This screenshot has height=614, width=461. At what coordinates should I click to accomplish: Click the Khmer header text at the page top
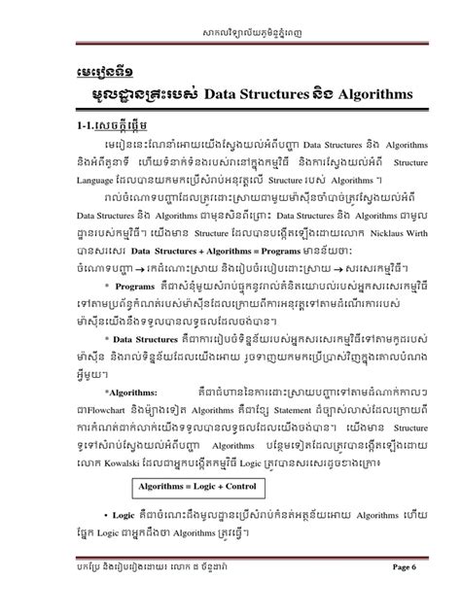[x=230, y=21]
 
